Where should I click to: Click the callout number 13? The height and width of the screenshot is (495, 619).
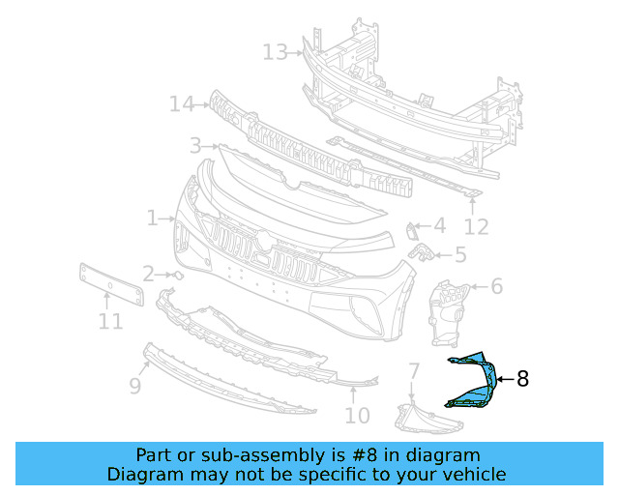coord(275,51)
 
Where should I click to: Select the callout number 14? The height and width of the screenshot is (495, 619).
coord(182,102)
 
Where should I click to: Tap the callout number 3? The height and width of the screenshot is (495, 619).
coord(195,146)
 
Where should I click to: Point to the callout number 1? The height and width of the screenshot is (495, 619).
coord(152,218)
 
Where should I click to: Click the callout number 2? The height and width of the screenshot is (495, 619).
coord(148,274)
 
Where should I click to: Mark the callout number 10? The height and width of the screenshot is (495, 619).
coord(357,416)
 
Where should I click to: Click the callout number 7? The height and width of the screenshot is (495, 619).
coord(413,370)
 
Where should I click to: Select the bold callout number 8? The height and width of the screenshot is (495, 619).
coord(523,380)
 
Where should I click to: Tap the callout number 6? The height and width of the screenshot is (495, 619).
coord(497,286)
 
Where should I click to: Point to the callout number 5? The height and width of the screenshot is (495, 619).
coord(460,255)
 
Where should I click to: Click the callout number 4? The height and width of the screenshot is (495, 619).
coord(439,226)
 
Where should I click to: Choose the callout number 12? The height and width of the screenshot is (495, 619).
coord(476,228)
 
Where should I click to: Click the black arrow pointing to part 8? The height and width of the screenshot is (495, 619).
coord(505,380)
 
